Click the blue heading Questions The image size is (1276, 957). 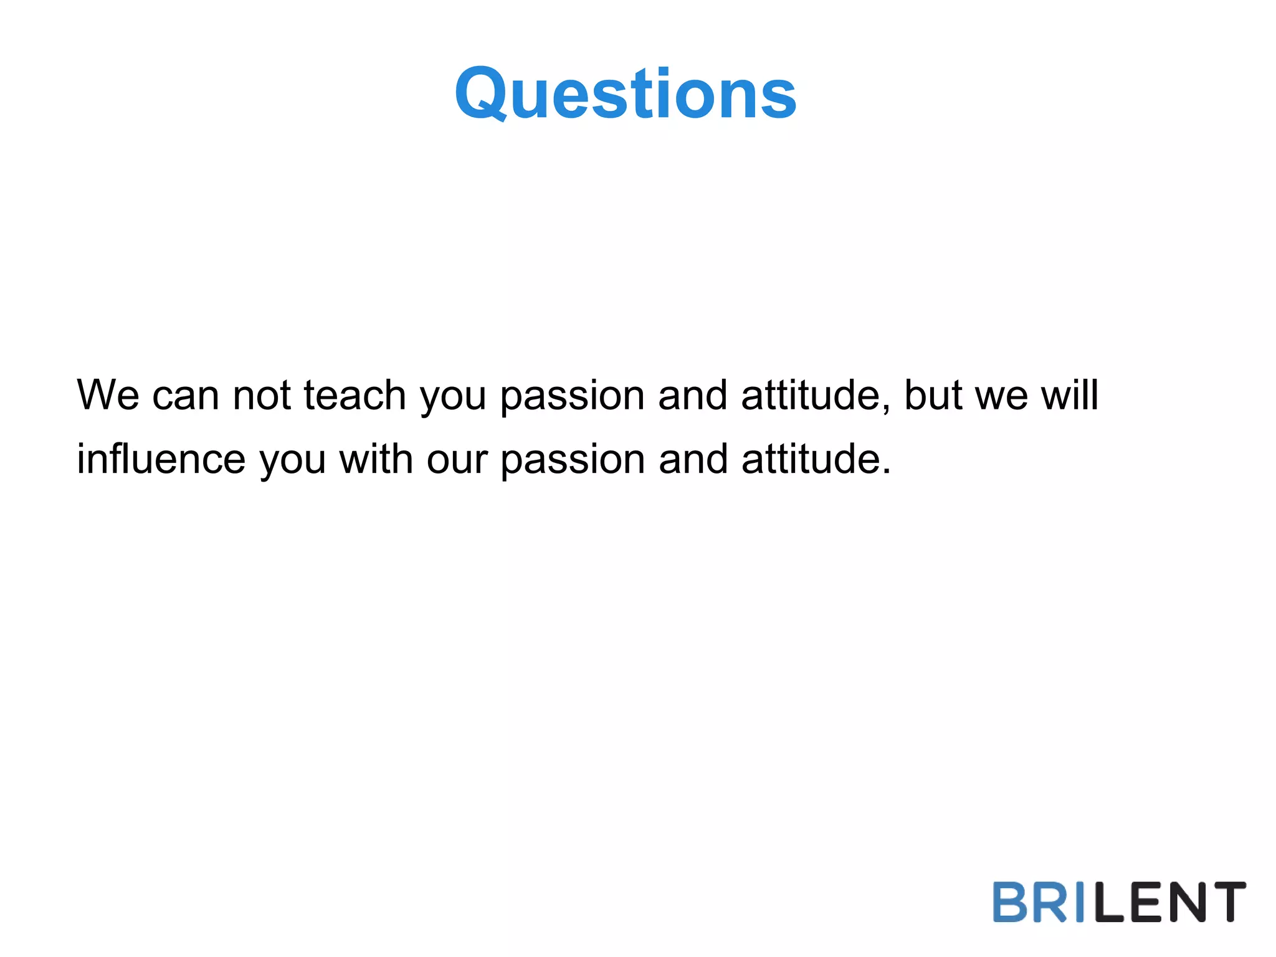pyautogui.click(x=626, y=93)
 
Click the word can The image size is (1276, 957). pyautogui.click(x=186, y=396)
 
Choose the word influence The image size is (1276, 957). pyautogui.click(x=161, y=459)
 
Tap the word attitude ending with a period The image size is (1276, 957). pyautogui.click(x=815, y=459)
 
